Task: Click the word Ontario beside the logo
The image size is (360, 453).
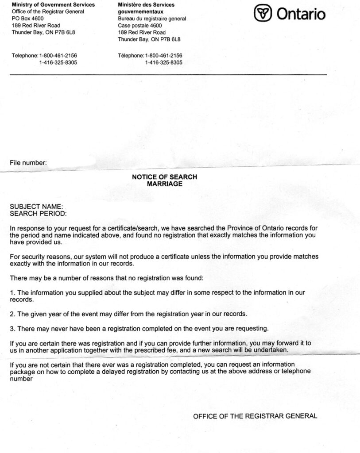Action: pyautogui.click(x=301, y=14)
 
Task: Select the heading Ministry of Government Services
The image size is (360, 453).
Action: pyautogui.click(x=53, y=5)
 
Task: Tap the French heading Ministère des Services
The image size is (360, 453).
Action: pyautogui.click(x=146, y=5)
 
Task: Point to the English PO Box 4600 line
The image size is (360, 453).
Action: pyautogui.click(x=27, y=19)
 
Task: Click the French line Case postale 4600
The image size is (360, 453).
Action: pyautogui.click(x=140, y=26)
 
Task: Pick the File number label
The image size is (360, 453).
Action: pyautogui.click(x=28, y=163)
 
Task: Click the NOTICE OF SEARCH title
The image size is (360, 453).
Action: pyautogui.click(x=165, y=177)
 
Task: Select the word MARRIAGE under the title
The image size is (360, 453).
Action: pyautogui.click(x=165, y=184)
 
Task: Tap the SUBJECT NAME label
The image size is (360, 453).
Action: pyautogui.click(x=36, y=207)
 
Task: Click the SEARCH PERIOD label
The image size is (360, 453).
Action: pyautogui.click(x=38, y=214)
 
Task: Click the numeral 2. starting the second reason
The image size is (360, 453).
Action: pyautogui.click(x=12, y=314)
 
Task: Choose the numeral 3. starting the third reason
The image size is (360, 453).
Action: pyautogui.click(x=12, y=328)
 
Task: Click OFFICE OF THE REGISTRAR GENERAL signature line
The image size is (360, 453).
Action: pyautogui.click(x=255, y=416)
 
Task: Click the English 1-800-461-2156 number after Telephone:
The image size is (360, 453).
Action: pyautogui.click(x=58, y=56)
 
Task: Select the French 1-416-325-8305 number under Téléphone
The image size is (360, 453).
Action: pyautogui.click(x=163, y=63)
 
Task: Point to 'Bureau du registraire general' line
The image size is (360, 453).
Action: pyautogui.click(x=152, y=19)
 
